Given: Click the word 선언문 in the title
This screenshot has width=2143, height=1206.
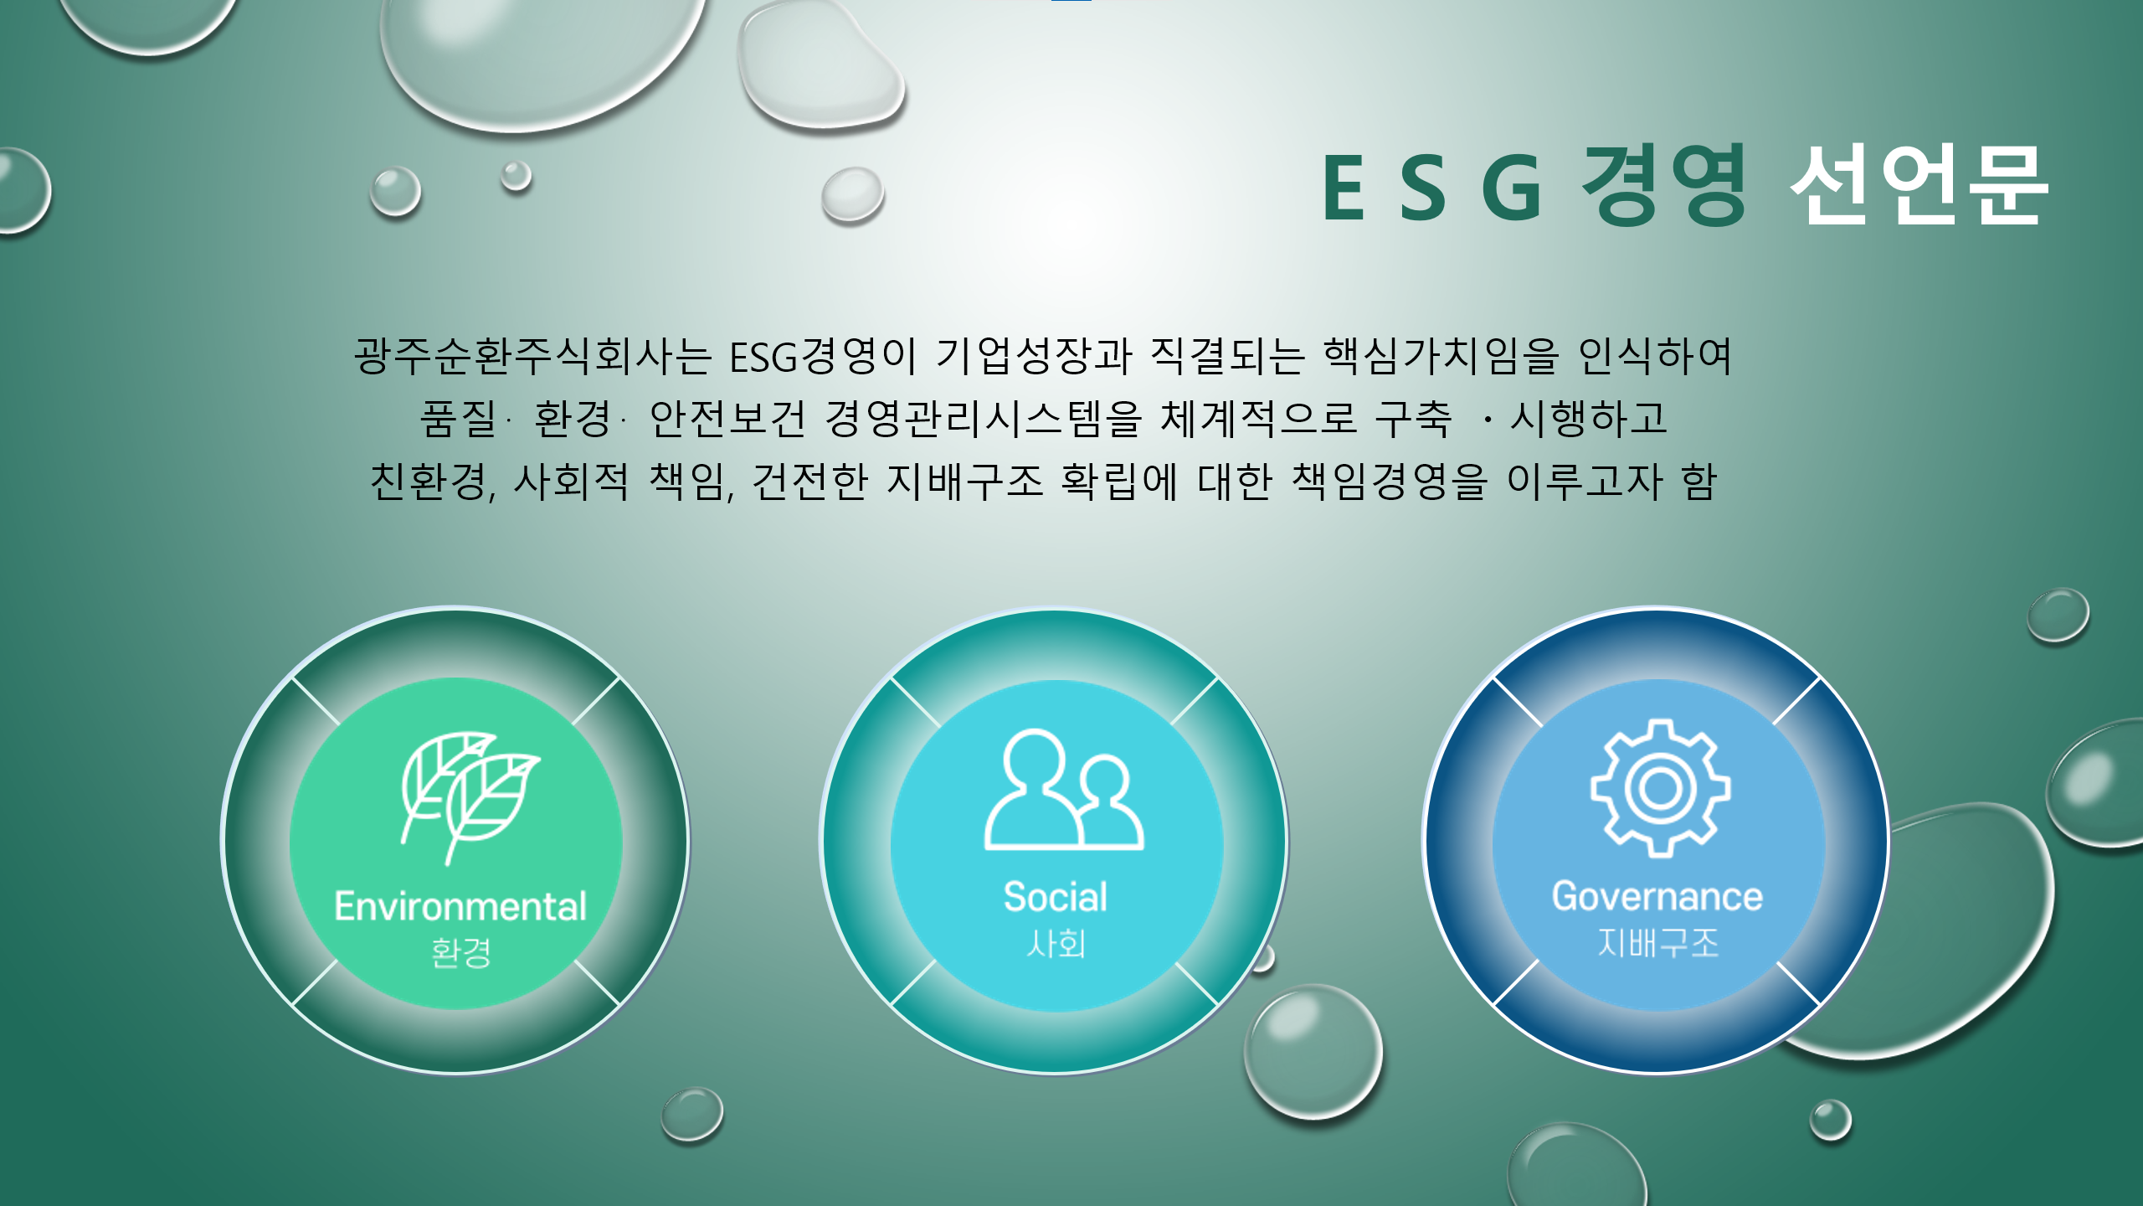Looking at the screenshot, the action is point(1919,184).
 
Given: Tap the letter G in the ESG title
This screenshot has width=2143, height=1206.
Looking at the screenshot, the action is point(1512,188).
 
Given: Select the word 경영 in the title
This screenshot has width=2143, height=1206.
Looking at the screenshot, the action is point(1664,184).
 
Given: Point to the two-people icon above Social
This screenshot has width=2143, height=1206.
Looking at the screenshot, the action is point(1064,790).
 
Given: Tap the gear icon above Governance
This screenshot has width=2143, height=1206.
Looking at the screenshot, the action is point(1660,788).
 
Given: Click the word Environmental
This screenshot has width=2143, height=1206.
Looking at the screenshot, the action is point(460,906).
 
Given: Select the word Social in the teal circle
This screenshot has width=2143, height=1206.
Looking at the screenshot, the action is point(1056,897).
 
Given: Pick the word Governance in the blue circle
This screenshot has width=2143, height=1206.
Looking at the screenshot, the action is point(1657,897).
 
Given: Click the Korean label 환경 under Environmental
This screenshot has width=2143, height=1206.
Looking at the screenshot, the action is point(460,952).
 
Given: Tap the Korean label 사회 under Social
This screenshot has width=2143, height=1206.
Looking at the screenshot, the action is point(1056,944).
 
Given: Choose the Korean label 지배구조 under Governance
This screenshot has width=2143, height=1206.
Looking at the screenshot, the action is point(1658,943).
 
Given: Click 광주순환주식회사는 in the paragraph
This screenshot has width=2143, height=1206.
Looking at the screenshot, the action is point(532,356).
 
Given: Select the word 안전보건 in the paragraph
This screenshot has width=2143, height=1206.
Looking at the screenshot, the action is point(727,418).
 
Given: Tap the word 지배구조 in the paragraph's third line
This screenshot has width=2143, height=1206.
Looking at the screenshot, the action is point(964,481).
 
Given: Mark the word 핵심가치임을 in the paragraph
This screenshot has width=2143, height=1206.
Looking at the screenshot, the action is point(1441,356).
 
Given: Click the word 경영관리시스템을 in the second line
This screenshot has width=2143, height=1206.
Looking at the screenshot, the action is point(983,418).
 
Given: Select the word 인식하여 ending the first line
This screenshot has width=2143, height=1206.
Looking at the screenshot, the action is point(1655,356).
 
